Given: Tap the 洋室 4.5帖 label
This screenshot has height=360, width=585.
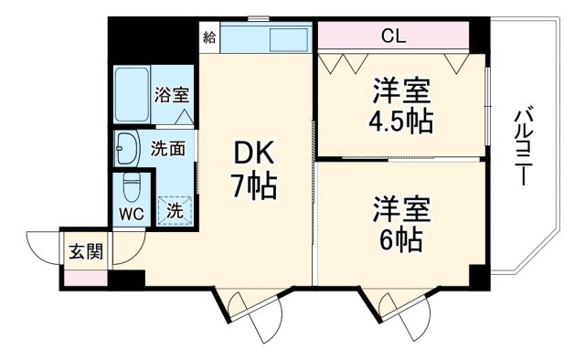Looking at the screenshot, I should point(401,106).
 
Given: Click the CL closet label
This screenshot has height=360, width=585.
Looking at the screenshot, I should point(394,37).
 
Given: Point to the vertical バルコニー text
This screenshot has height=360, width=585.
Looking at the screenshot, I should point(523,147).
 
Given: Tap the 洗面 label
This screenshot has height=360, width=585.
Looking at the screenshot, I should point(169,145).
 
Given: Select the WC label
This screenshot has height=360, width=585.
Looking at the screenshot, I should point(131,215).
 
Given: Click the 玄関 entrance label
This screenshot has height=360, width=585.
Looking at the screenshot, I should point(85,251).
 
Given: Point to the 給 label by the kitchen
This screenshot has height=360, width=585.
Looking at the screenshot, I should point(209,37).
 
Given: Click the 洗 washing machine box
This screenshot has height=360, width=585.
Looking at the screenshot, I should point(174,209).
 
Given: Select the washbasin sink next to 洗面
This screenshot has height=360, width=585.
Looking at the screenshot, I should point(126,146).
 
